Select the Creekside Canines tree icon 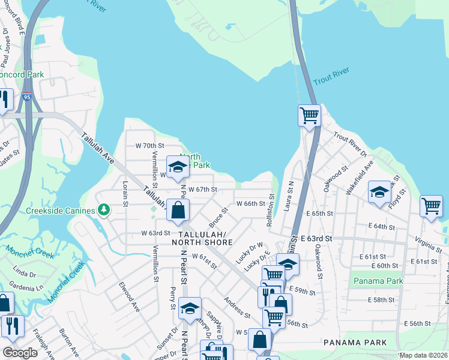pos(104,209)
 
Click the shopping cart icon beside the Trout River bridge pos(309,115)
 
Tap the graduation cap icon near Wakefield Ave pos(379,192)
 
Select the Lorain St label pos(125,193)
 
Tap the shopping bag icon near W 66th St pos(178,210)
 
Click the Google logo pos(20,353)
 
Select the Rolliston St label pos(271,210)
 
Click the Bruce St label pos(218,215)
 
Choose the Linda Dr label pos(25,274)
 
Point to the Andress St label pos(237,307)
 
